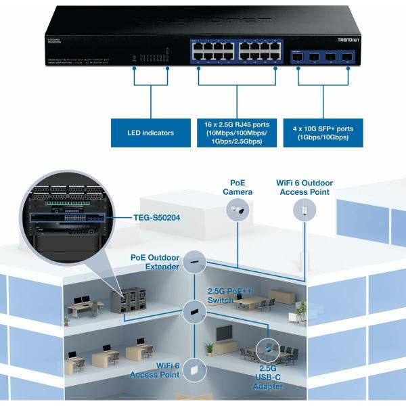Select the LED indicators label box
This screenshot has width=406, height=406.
point(150,133)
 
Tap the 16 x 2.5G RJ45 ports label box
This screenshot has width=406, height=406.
point(238,133)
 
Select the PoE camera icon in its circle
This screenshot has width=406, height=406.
point(239,212)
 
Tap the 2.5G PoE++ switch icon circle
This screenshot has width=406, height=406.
point(194,311)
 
